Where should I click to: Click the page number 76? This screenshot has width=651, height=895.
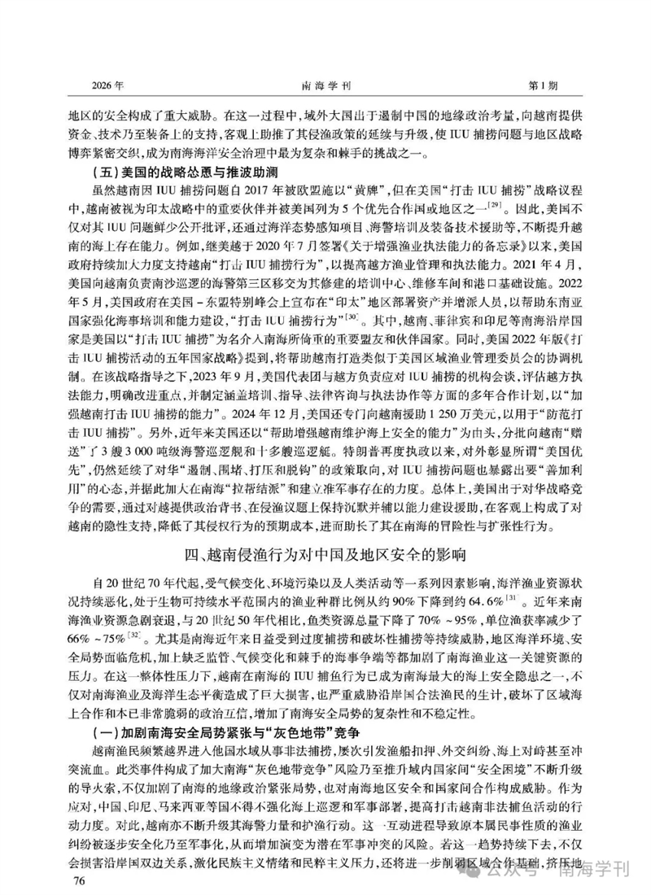pyautogui.click(x=80, y=881)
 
